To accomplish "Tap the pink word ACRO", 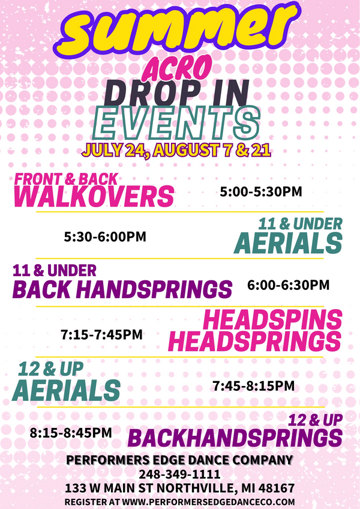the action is (x=177, y=68).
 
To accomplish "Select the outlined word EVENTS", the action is (x=176, y=123).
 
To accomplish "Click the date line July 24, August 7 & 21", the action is (x=176, y=150).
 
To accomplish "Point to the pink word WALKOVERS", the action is (x=94, y=196).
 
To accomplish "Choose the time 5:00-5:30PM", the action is (x=261, y=191).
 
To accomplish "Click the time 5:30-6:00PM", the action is (x=105, y=236).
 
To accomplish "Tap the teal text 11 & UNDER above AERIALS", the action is (x=300, y=224).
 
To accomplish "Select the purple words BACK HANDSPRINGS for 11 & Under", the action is (x=122, y=289).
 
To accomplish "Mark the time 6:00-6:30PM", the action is (x=288, y=285).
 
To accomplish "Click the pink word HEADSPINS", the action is (x=272, y=320).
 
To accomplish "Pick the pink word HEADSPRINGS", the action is (x=255, y=341).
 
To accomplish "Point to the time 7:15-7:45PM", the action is (x=101, y=334).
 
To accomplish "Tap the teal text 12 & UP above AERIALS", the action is (x=50, y=369).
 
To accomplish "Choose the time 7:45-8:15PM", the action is (x=254, y=386).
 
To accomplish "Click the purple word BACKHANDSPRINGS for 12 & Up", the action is (x=235, y=438).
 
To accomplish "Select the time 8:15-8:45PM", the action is (x=71, y=433).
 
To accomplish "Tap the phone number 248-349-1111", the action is (x=180, y=474).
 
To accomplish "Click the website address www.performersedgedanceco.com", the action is (x=208, y=502).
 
